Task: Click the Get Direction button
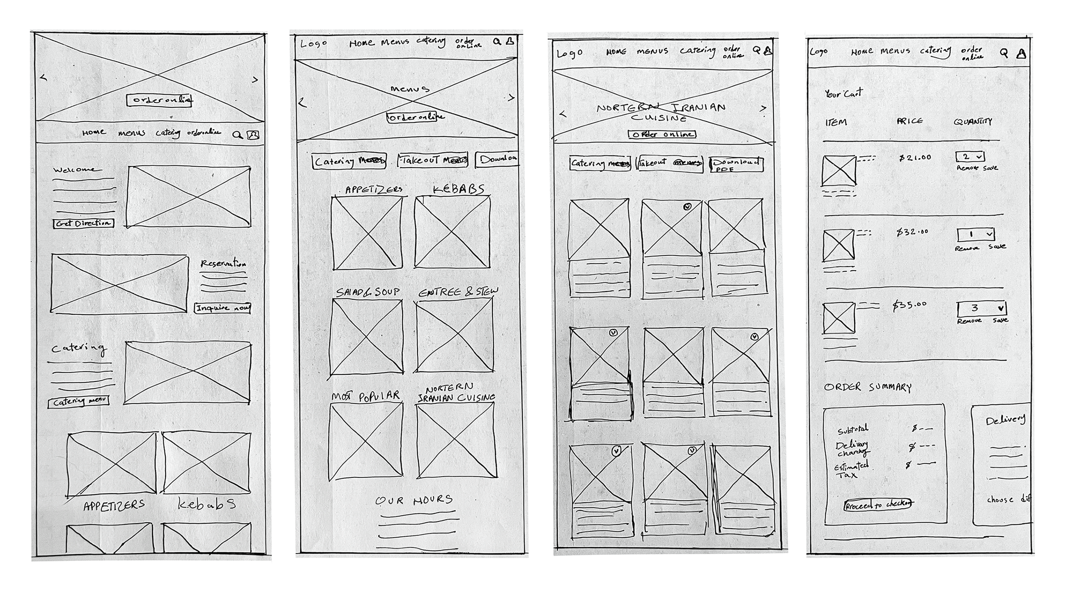(x=83, y=223)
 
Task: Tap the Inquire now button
(x=222, y=308)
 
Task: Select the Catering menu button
(x=79, y=402)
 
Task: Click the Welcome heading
(x=75, y=170)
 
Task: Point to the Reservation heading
(x=223, y=264)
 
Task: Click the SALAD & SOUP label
(x=368, y=292)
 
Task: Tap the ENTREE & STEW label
(x=458, y=292)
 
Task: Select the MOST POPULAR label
(x=366, y=396)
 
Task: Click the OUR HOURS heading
(x=414, y=500)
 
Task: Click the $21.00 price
(x=915, y=158)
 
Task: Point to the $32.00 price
(x=912, y=232)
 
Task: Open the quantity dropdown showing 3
(x=982, y=309)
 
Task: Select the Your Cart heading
(x=843, y=93)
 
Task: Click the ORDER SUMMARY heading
(x=868, y=387)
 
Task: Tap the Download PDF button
(x=736, y=165)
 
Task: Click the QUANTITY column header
(x=973, y=122)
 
